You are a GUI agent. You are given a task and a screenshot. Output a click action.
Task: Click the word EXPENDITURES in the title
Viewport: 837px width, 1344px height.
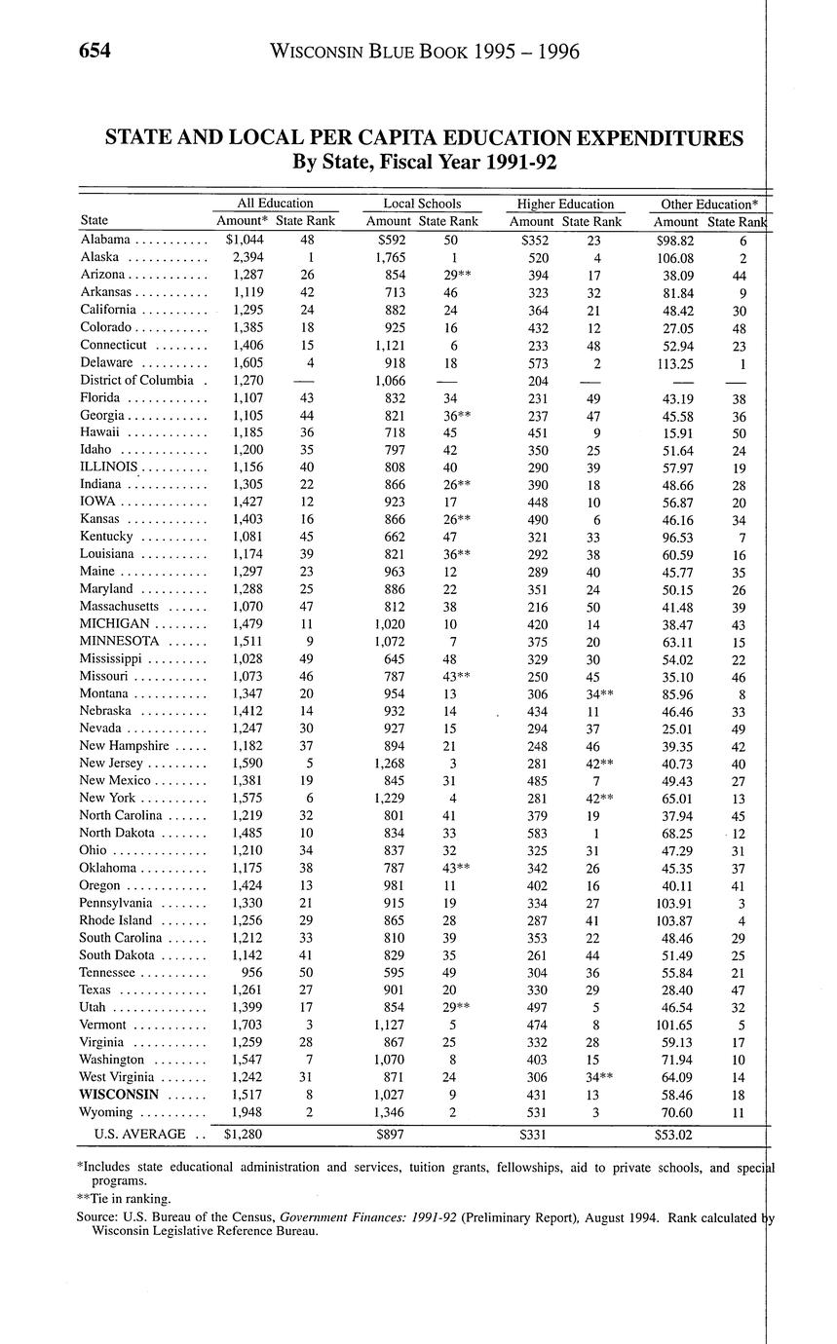click(651, 138)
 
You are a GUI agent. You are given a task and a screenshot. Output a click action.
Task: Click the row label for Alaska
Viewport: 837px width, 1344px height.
click(100, 257)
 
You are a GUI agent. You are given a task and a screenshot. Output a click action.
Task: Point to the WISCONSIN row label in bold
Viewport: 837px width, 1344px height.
click(120, 1094)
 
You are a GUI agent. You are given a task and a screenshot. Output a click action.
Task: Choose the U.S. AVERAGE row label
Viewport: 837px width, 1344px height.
click(139, 1134)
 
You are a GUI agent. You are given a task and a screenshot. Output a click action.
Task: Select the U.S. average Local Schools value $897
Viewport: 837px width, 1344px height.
click(390, 1134)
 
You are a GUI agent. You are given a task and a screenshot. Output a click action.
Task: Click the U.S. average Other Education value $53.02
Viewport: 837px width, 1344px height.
click(674, 1134)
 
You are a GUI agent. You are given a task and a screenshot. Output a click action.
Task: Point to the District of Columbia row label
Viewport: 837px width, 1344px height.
click(139, 380)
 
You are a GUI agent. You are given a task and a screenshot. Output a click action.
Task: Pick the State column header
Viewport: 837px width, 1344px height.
click(95, 221)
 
